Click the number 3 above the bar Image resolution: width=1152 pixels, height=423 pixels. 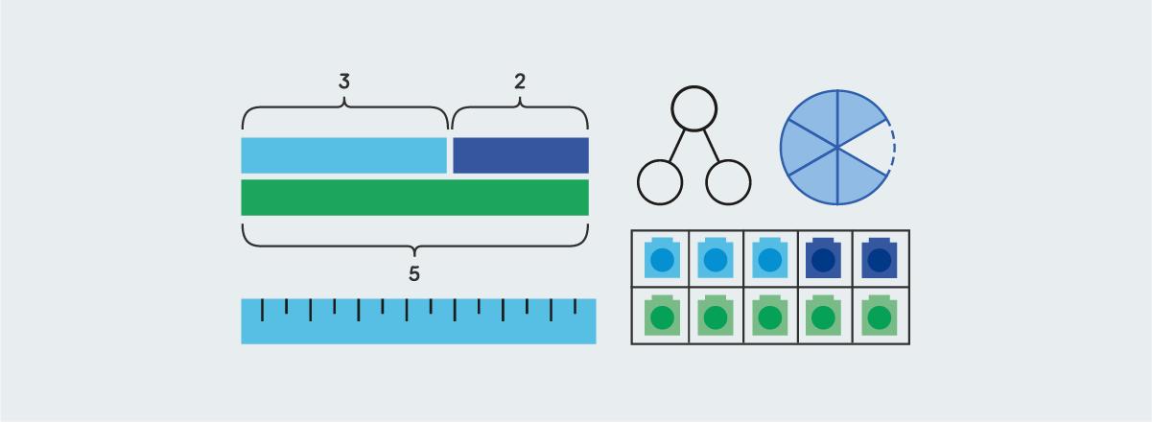pyautogui.click(x=344, y=82)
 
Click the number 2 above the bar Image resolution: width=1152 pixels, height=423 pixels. pyautogui.click(x=520, y=82)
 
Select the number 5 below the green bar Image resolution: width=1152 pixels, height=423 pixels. pyautogui.click(x=414, y=274)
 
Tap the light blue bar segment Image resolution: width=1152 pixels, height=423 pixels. pyautogui.click(x=343, y=155)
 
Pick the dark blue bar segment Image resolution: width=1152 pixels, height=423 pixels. pyautogui.click(x=520, y=155)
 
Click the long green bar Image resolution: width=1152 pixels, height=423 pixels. pyautogui.click(x=414, y=197)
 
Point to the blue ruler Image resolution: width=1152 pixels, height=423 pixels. pyautogui.click(x=418, y=321)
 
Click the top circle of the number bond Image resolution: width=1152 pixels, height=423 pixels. pyautogui.click(x=694, y=108)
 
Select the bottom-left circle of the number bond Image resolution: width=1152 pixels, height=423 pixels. pyautogui.click(x=660, y=181)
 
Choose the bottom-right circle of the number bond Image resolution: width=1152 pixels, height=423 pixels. pyautogui.click(x=728, y=181)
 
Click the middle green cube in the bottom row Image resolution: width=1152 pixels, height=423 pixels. pyautogui.click(x=769, y=317)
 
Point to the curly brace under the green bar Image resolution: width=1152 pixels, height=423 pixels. pyautogui.click(x=414, y=237)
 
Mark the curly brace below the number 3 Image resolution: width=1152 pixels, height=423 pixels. pyautogui.click(x=344, y=113)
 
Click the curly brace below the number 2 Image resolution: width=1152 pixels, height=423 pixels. pyautogui.click(x=520, y=113)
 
